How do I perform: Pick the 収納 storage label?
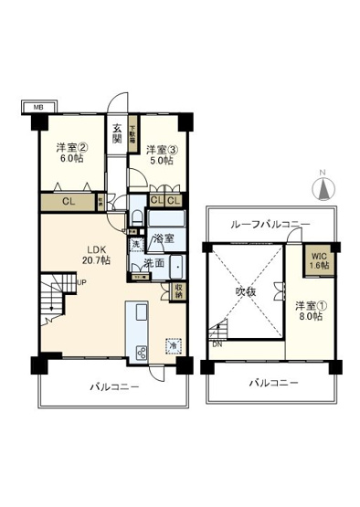click(x=178, y=291)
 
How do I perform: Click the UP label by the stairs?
click(x=81, y=282)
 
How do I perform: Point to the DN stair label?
click(x=217, y=345)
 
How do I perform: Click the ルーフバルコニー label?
click(x=270, y=224)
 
